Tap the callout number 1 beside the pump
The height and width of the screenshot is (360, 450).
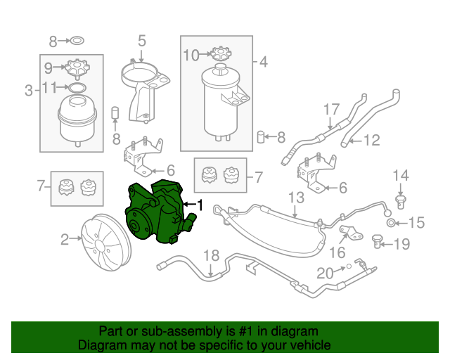pos(200,205)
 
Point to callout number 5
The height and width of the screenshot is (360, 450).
pos(141,40)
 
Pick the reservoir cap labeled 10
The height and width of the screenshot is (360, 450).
pos(221,53)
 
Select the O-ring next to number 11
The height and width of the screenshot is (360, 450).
pos(76,88)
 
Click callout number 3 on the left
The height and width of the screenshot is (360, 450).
pos(29,90)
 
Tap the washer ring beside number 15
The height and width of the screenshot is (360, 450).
pos(390,224)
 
